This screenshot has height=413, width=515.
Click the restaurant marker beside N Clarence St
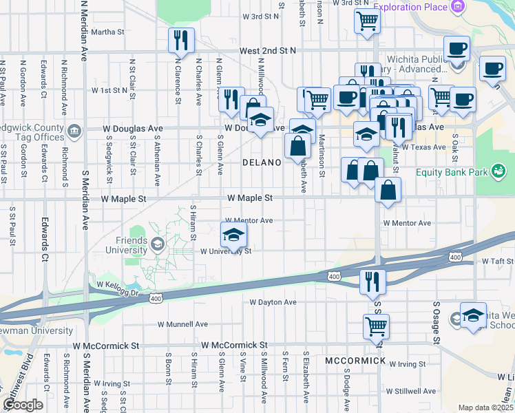(x=182, y=41)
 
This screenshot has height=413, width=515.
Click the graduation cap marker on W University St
(x=233, y=235)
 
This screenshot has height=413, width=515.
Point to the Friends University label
(x=127, y=245)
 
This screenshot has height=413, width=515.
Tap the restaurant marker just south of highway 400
(x=372, y=280)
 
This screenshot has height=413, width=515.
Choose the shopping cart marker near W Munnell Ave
(x=376, y=326)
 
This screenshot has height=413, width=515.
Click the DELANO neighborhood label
(x=262, y=163)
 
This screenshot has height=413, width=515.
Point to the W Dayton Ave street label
(x=273, y=302)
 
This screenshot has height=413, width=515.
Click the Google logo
(x=22, y=405)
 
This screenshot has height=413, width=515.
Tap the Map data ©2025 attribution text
(x=485, y=407)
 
